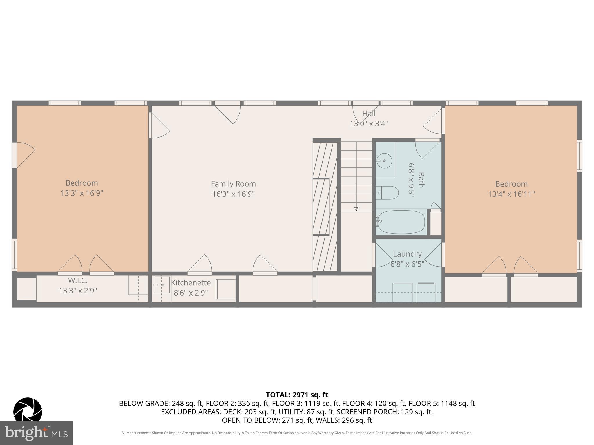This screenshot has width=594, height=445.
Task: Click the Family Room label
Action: point(233,184)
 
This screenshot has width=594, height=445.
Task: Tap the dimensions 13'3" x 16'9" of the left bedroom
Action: point(82,193)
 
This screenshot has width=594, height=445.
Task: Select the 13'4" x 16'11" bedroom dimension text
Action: point(511,194)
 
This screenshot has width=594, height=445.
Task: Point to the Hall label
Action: point(369,113)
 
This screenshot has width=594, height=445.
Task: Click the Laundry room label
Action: point(407,254)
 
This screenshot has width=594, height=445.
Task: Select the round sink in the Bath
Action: point(385,161)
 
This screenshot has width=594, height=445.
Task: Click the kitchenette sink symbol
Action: point(161,285)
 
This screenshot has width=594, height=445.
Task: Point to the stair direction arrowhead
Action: point(356,209)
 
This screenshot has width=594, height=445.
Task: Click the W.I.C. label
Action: point(78,280)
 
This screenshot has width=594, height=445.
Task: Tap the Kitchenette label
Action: point(191,283)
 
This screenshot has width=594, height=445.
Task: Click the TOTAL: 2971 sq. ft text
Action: point(297,395)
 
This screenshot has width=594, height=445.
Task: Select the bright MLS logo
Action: point(36,433)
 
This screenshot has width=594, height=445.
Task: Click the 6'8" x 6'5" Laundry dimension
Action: point(407,264)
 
